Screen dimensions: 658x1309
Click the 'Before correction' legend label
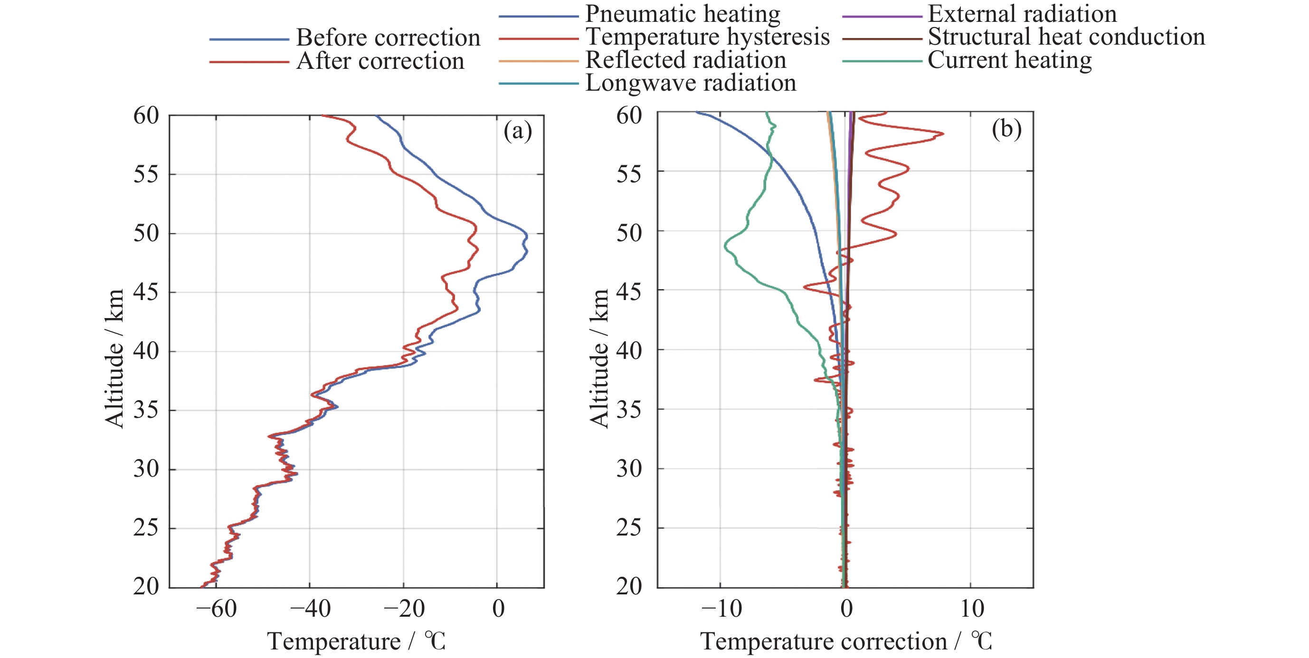point(388,38)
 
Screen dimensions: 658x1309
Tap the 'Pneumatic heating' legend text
point(683,14)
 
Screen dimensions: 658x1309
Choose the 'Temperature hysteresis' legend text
point(707,37)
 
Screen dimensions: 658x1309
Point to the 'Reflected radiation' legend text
point(685,60)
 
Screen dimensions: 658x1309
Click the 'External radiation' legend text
point(1022,14)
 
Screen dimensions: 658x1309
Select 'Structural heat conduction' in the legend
point(1066,37)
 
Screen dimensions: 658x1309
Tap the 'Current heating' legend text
point(1009,60)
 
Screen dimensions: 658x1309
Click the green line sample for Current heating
point(882,62)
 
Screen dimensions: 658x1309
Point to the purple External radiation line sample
point(882,16)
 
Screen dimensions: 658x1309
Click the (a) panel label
point(517,131)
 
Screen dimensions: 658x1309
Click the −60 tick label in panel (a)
point(216,609)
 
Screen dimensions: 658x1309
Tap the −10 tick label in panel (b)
point(721,609)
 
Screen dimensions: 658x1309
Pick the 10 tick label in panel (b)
point(972,609)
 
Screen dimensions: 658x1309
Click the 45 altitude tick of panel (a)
point(146,292)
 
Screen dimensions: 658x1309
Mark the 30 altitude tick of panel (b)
point(629,469)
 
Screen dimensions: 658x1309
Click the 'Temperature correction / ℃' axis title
point(846,641)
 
